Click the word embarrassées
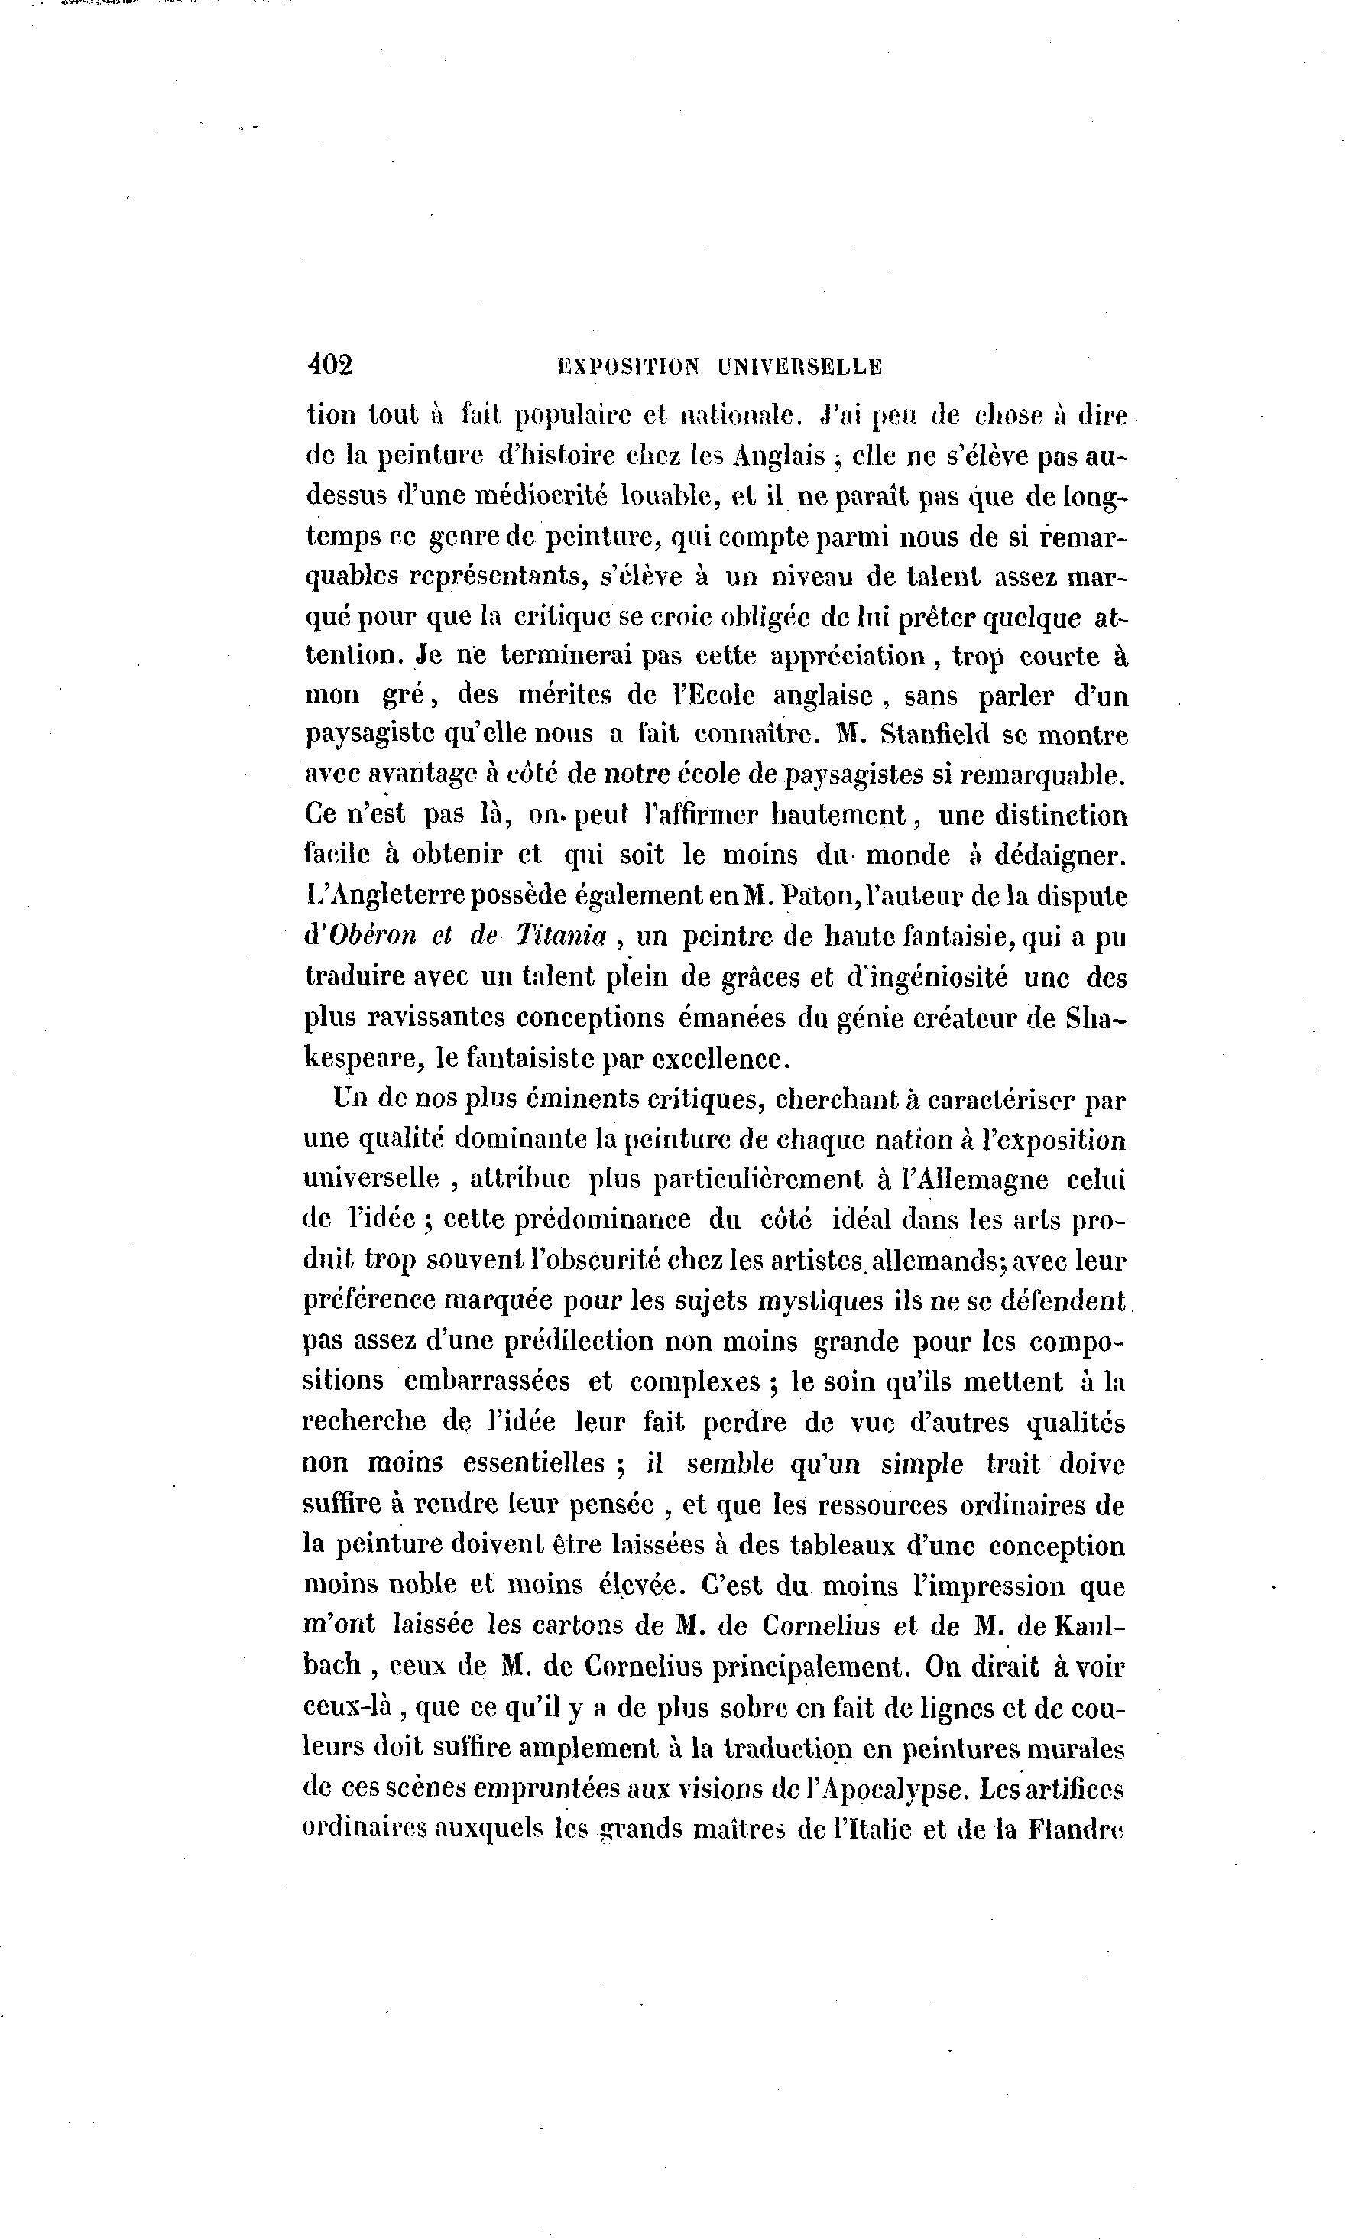point(486,1381)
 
